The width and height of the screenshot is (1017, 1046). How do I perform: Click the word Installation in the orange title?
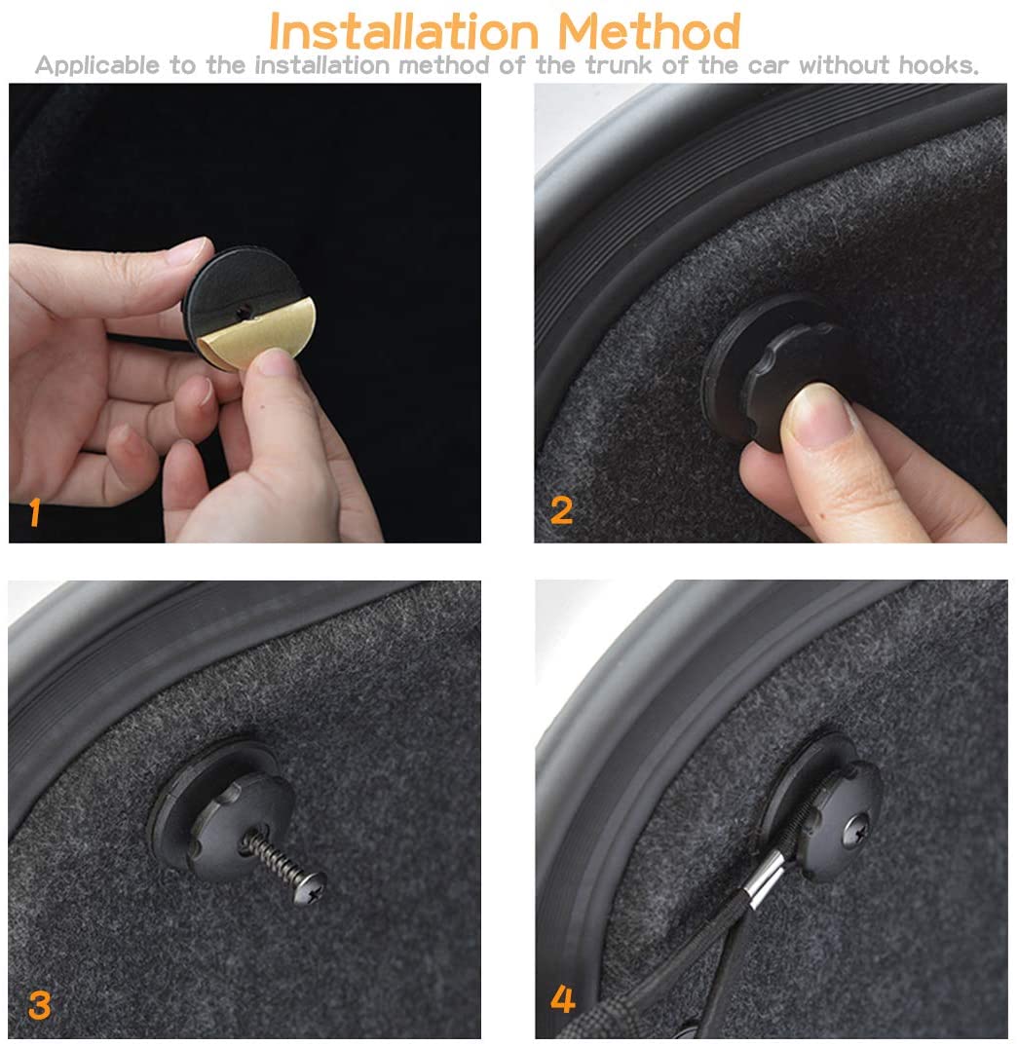403,31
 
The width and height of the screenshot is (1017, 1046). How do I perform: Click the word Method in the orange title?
649,31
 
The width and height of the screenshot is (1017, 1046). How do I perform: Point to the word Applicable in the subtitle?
97,65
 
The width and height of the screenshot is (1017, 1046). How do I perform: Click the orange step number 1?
35,512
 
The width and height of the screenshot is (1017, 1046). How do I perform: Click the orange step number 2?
561,511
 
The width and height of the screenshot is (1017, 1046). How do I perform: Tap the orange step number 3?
39,1005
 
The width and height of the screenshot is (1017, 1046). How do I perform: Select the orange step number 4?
562,999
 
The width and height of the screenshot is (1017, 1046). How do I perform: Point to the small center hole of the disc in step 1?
245,311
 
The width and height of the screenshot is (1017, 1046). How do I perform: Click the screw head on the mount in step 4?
856,832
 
